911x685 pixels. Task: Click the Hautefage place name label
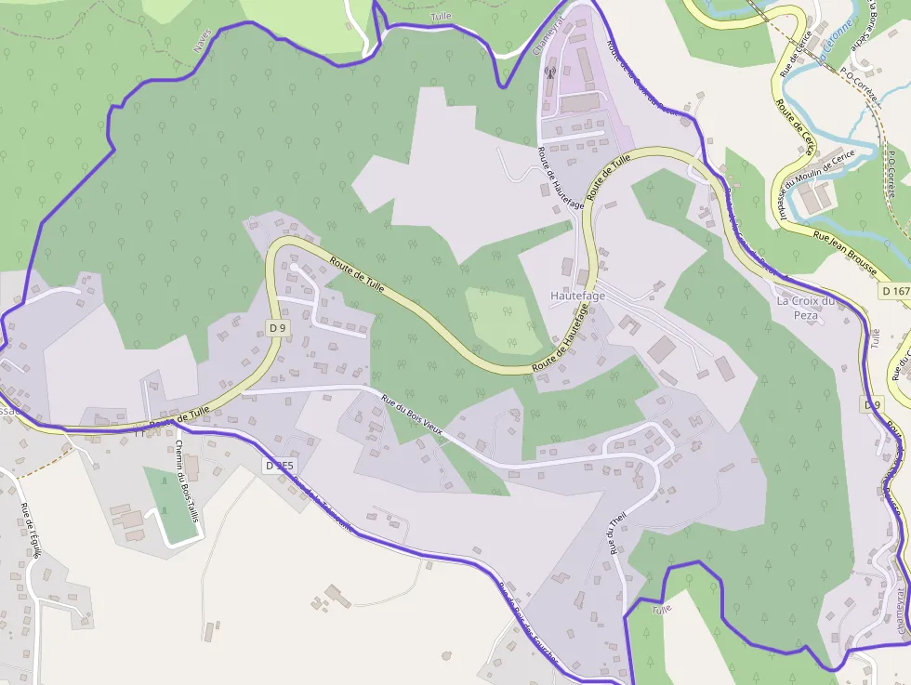tap(577, 296)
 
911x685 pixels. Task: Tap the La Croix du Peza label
tap(807, 308)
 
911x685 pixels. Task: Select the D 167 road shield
tap(894, 291)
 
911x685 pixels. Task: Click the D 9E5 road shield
tap(279, 466)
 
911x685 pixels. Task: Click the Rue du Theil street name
tap(614, 534)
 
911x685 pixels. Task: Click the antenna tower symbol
tap(549, 72)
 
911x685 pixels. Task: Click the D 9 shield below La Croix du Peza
tap(871, 405)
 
